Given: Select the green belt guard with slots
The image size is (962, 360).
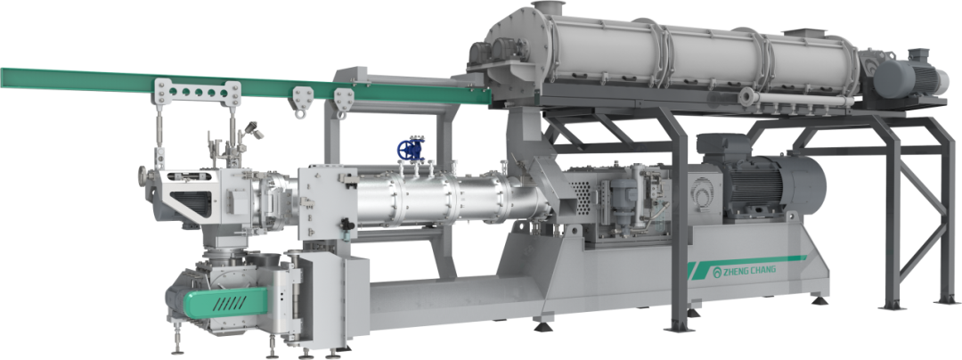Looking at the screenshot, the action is [x=226, y=302].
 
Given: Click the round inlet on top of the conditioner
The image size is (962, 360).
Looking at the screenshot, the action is [x=548, y=8].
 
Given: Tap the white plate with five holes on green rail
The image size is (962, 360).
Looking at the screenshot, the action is [x=198, y=93].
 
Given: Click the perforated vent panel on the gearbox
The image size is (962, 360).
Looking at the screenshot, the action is [x=583, y=192].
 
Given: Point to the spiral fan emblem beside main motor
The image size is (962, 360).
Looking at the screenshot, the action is [x=702, y=196].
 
